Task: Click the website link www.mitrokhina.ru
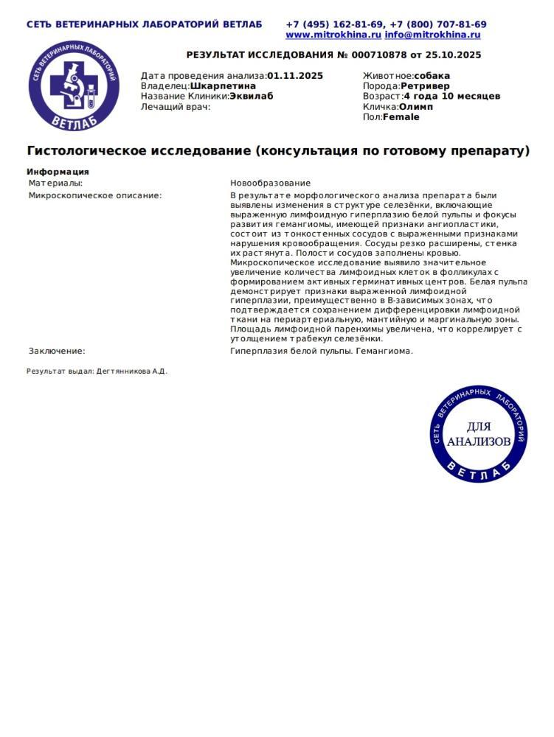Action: (x=333, y=35)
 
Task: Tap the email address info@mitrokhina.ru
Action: (x=432, y=35)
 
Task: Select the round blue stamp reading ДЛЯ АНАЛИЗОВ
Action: (x=479, y=434)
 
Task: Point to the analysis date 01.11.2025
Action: (x=295, y=76)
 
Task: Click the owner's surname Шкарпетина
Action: (x=223, y=86)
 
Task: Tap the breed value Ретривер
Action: (x=425, y=86)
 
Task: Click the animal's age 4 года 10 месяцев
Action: (x=451, y=97)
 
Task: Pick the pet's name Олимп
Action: (x=416, y=107)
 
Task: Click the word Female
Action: (x=401, y=117)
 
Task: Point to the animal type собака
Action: (x=432, y=76)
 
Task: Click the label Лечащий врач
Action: (x=176, y=107)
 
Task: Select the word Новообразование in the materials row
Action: (x=270, y=183)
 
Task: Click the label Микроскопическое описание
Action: (x=95, y=196)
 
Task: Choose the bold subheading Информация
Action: (x=58, y=172)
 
